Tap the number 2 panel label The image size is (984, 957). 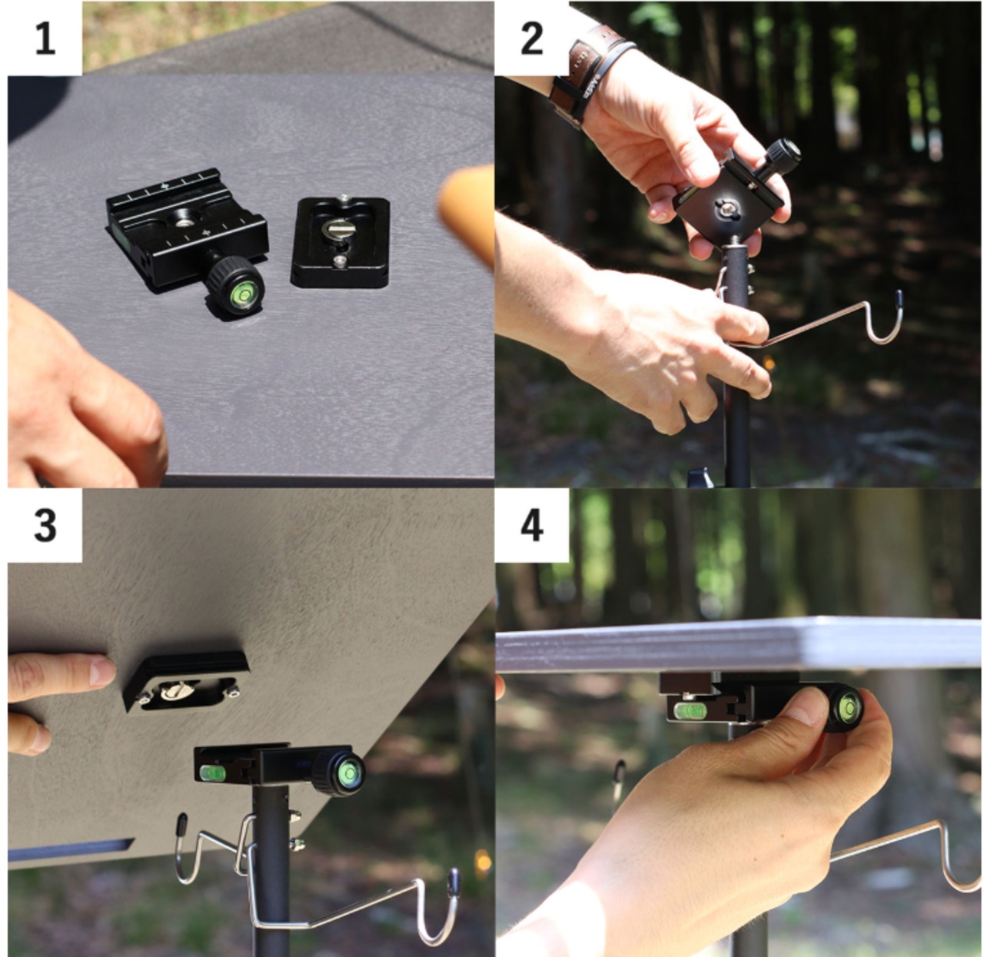pos(531,39)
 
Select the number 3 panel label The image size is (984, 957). pos(45,526)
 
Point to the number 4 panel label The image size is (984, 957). pos(532,526)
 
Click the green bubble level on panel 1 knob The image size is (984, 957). pos(241,296)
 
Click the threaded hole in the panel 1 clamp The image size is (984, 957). pos(181,223)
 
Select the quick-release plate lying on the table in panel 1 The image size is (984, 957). pos(341,242)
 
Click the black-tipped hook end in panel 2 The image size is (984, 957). pos(899,300)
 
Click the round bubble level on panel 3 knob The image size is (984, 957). pos(348,773)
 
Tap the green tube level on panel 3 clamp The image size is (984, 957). pos(213,773)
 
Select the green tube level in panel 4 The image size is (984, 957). pos(690,709)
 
